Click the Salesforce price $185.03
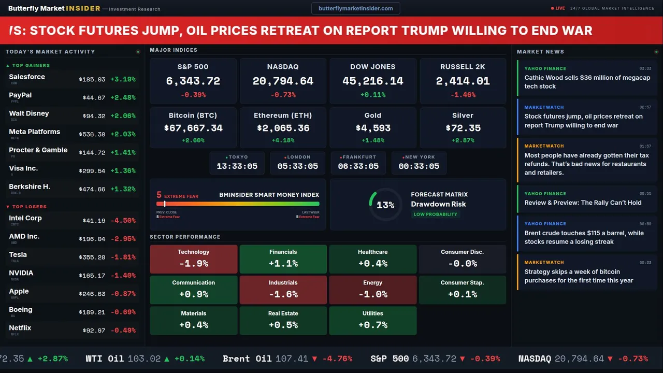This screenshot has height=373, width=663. pos(92,80)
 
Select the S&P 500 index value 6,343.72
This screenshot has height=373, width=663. pos(193,81)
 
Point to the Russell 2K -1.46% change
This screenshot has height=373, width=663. pos(463,95)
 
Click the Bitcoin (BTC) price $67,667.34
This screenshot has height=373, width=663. pos(193,128)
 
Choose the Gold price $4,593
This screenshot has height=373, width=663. pos(373,128)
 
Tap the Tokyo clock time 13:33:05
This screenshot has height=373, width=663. pos(237,166)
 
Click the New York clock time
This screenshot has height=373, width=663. pos(419,166)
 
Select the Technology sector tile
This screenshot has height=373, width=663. pos(193,259)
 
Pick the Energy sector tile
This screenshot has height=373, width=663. pos(372,290)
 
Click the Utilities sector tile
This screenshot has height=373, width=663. pos(372,320)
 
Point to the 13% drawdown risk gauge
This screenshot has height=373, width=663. pos(385,205)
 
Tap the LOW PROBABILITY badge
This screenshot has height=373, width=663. pos(435,214)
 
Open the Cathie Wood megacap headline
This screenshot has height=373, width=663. pos(587,82)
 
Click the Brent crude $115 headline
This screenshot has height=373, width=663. pos(584,237)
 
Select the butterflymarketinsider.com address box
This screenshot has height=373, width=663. pos(355,8)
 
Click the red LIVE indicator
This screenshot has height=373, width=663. pos(558,8)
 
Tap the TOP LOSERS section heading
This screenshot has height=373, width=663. pos(29,207)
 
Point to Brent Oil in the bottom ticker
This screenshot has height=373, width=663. pos(247,358)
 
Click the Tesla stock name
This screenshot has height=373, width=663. pos(18,255)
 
